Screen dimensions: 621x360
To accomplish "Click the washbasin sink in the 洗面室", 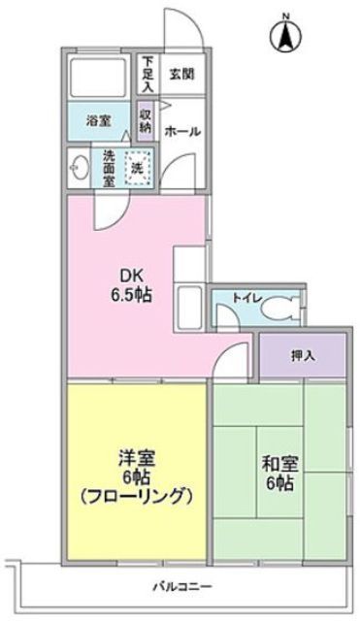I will [x=78, y=167].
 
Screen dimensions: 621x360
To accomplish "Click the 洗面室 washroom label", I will [x=109, y=167].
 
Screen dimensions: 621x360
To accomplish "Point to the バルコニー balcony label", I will [x=183, y=587].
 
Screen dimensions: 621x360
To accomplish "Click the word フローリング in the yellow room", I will [x=135, y=496].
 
